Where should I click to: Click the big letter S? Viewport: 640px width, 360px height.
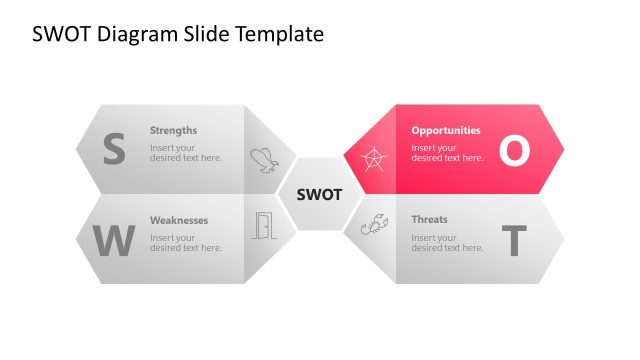pyautogui.click(x=114, y=149)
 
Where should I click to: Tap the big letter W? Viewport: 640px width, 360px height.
pyautogui.click(x=113, y=241)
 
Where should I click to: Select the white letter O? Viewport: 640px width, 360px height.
pyautogui.click(x=513, y=150)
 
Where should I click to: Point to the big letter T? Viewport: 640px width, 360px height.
pyautogui.click(x=513, y=241)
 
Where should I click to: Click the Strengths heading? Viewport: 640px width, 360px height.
pyautogui.click(x=173, y=130)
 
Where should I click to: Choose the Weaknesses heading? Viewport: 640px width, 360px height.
pyautogui.click(x=179, y=220)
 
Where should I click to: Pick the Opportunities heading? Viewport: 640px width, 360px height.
pyautogui.click(x=445, y=130)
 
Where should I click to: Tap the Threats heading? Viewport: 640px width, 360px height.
pyautogui.click(x=429, y=220)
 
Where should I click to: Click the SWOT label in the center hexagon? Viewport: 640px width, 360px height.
pyautogui.click(x=319, y=194)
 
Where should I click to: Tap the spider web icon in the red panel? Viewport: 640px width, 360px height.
pyautogui.click(x=373, y=159)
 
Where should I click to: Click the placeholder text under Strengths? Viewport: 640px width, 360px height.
pyautogui.click(x=186, y=153)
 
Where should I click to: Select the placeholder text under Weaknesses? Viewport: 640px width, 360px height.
pyautogui.click(x=186, y=243)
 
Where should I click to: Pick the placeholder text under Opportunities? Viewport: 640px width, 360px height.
pyautogui.click(x=447, y=153)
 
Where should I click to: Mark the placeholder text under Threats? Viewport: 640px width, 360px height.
pyautogui.click(x=447, y=243)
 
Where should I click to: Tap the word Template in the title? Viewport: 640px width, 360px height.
pyautogui.click(x=282, y=34)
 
